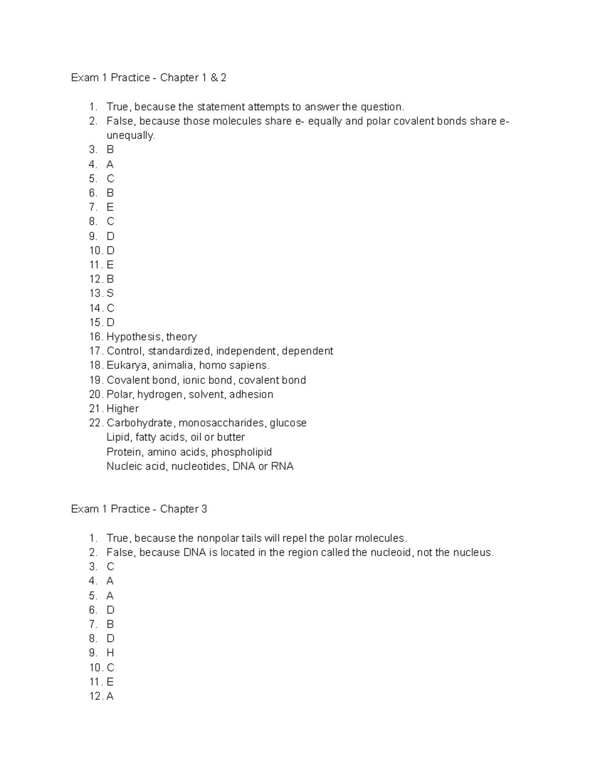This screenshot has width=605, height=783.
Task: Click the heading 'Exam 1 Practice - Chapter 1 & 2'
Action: [x=148, y=78]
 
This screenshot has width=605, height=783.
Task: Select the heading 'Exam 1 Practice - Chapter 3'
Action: [x=139, y=509]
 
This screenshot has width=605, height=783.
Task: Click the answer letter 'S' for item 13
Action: [x=110, y=293]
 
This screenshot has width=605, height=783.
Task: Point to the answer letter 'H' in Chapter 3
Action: [x=110, y=653]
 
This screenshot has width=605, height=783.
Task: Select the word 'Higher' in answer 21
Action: [x=123, y=408]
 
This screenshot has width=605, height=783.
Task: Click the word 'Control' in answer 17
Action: [x=124, y=351]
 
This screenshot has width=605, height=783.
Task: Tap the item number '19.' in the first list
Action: [x=96, y=380]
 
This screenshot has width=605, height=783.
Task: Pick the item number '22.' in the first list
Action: [x=96, y=423]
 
